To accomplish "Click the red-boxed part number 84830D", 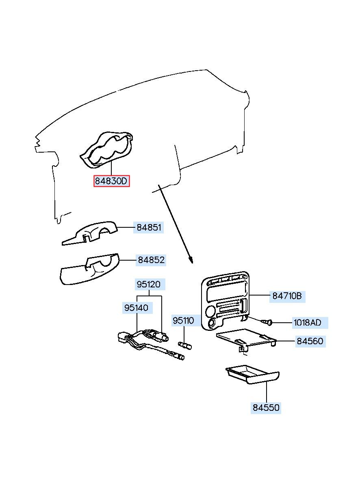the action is point(111,181).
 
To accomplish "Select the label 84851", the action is point(149,227).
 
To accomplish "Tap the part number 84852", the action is point(151,260).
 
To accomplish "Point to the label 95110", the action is point(183,321).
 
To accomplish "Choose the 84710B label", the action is point(287,296).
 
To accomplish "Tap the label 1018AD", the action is point(310,323).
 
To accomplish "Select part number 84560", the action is point(310,341).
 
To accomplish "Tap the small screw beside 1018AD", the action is point(267,322).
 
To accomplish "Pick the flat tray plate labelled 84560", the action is point(246,339).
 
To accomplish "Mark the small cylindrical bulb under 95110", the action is point(184,345).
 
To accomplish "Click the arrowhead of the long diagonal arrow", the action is point(191,261).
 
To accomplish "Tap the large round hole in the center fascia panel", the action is point(210,311).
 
